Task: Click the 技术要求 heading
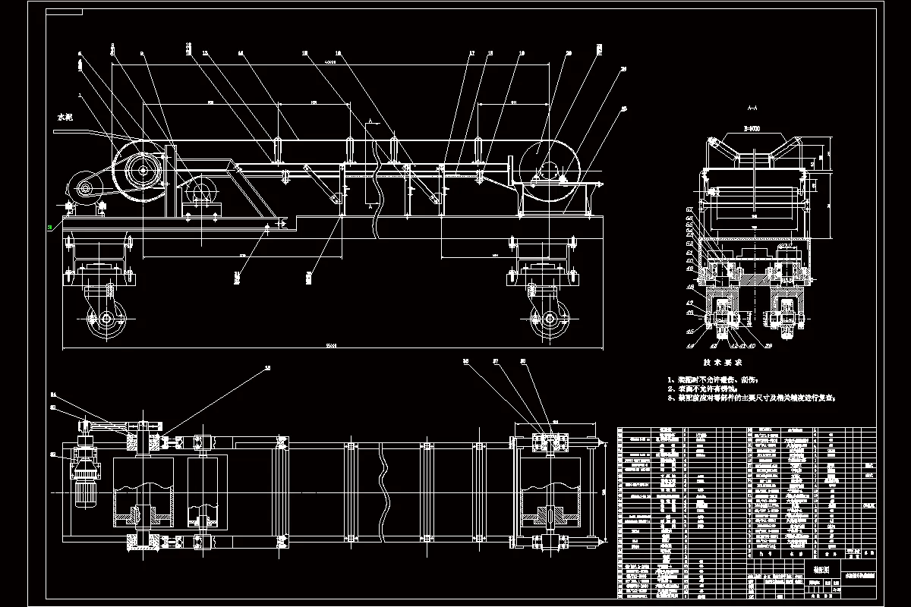pos(721,363)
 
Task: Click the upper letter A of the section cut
pos(368,121)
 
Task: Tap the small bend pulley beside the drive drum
pos(202,192)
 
